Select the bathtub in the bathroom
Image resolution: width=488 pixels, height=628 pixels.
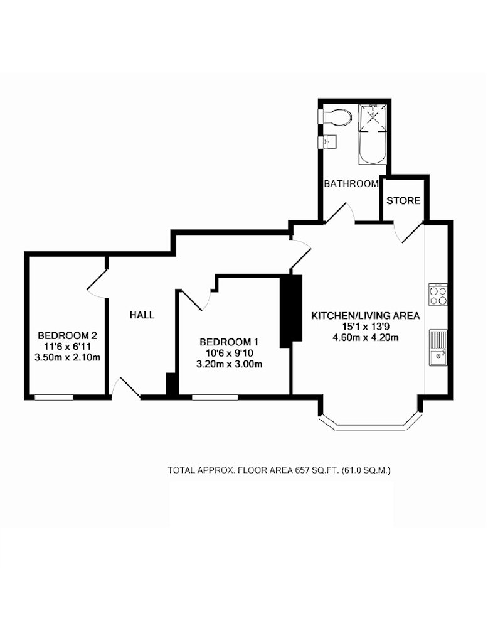pos(373,134)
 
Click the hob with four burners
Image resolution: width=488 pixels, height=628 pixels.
pos(438,295)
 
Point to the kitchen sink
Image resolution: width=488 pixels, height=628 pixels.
pos(438,348)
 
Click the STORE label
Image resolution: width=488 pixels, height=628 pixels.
pos(403,200)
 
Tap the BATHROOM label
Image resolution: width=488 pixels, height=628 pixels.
pos(351,183)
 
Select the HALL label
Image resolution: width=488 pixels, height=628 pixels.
pos(142,315)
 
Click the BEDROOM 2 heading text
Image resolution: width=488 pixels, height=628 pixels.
pos(67,335)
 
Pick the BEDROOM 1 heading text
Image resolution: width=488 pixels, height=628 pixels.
pos(229,342)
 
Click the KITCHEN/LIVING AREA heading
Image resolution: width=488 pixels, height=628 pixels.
pos(366,316)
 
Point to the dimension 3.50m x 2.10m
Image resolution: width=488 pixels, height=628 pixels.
pos(67,357)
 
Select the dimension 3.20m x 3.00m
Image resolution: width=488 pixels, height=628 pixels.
pos(229,364)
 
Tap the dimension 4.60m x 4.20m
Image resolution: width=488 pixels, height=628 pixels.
pos(366,337)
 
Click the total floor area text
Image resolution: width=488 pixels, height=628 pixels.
pos(279,470)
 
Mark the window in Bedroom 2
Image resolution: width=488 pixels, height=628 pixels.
pos(53,398)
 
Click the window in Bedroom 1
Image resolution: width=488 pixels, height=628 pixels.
pos(215,398)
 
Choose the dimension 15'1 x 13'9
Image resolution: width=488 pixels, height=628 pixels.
pos(366,327)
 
